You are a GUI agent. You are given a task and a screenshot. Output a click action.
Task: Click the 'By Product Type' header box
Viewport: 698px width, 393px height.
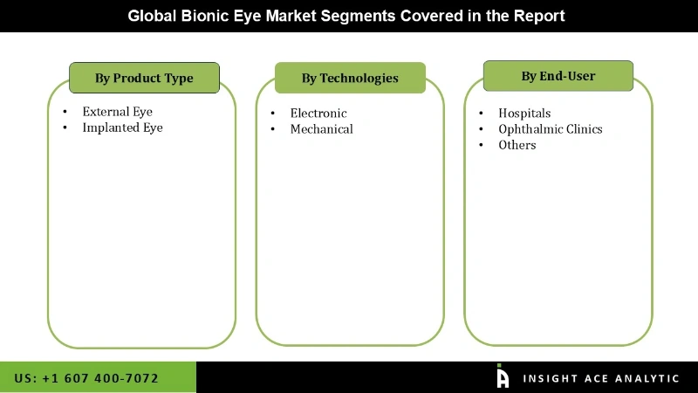click(x=144, y=78)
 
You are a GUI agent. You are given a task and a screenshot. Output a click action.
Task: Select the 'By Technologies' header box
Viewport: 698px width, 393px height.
click(x=350, y=78)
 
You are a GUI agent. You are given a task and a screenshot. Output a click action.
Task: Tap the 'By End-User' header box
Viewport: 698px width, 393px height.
click(x=558, y=76)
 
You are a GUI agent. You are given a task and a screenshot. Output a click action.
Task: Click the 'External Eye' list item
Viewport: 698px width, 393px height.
click(x=117, y=112)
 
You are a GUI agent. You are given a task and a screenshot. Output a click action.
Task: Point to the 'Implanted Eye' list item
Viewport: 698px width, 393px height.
click(x=122, y=128)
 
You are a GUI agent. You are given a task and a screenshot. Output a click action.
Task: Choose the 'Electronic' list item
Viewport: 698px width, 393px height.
click(x=318, y=114)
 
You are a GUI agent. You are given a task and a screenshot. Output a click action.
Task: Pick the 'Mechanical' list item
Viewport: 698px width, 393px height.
click(x=321, y=129)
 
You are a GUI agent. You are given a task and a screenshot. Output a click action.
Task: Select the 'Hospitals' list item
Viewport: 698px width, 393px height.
click(x=524, y=114)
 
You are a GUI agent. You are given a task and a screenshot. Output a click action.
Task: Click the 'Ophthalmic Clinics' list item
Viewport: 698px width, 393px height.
click(x=550, y=129)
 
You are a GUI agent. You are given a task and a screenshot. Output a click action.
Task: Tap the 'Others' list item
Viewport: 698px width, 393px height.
click(x=517, y=145)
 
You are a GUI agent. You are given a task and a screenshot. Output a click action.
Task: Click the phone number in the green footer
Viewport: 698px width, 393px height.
click(x=86, y=378)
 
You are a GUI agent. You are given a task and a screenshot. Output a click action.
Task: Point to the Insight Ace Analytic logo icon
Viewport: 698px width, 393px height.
click(x=503, y=376)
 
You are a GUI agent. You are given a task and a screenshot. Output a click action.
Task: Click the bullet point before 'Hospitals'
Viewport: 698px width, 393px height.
click(x=480, y=114)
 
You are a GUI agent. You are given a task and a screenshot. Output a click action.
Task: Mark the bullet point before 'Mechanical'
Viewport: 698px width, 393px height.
click(x=272, y=129)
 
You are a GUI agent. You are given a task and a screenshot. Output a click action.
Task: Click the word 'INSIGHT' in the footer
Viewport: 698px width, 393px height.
click(x=551, y=378)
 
